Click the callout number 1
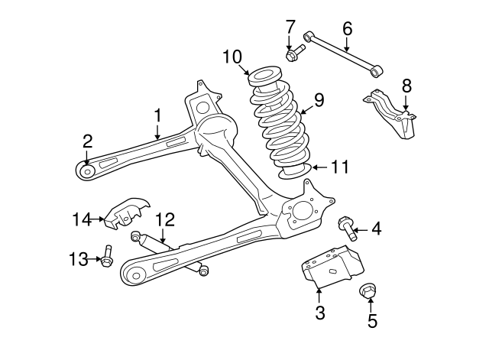157,115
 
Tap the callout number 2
87,141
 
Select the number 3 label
320,312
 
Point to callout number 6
347,30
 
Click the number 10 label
232,57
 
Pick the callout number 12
166,220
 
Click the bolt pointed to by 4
348,227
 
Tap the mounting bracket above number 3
332,264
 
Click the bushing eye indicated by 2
87,170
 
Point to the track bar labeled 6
341,53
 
